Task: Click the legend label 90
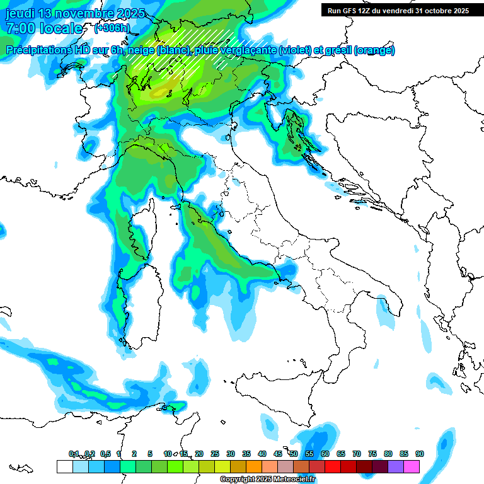(419, 454)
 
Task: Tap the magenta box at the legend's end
(412, 466)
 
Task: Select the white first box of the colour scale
(64, 466)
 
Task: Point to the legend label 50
(294, 454)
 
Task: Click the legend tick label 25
(215, 454)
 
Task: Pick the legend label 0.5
(105, 454)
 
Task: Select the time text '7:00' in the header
(22, 28)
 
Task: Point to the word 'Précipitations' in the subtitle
(38, 50)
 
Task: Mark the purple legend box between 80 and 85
(396, 466)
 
